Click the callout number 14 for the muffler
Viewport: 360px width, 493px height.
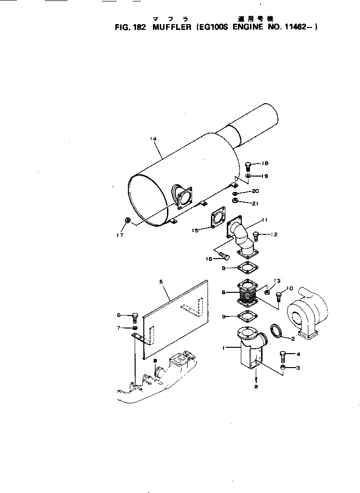(x=153, y=139)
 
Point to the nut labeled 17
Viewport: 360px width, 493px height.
(x=127, y=220)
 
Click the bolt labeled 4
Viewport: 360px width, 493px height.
(x=284, y=357)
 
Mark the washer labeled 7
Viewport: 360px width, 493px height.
(x=135, y=328)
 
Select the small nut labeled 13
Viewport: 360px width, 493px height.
(x=267, y=292)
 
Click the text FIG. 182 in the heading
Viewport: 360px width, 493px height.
(x=129, y=27)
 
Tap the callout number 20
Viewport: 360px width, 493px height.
(x=255, y=191)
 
